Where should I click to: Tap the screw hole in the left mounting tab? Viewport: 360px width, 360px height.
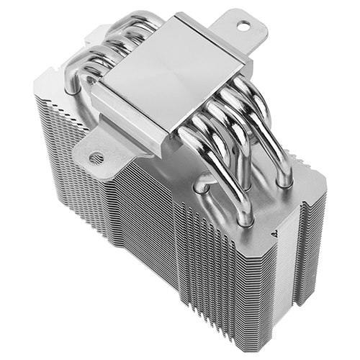click(x=95, y=157)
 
